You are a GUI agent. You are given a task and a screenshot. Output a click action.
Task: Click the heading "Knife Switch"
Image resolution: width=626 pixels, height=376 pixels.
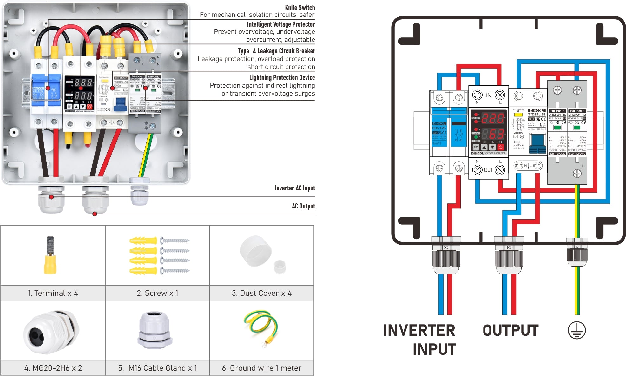coord(300,8)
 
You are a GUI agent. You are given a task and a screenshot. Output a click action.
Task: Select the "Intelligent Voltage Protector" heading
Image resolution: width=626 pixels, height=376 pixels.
coord(280,24)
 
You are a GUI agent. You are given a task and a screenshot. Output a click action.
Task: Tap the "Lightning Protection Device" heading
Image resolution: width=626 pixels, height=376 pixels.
coord(282,78)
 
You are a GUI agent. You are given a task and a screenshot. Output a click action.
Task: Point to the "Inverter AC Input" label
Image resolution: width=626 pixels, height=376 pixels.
coord(295,188)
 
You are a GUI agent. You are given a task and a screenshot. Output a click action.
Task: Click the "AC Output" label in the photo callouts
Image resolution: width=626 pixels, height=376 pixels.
coord(303,206)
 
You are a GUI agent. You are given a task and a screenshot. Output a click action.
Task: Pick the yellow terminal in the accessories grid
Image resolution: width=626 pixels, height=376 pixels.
coord(50,256)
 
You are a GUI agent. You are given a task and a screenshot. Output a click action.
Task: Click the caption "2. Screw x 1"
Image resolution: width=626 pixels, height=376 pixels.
coord(157,293)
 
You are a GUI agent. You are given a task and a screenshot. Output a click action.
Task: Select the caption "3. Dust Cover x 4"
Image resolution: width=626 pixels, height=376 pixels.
coord(261,293)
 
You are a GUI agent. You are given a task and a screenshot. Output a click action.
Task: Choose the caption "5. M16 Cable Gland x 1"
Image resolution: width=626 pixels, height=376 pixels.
coord(157,368)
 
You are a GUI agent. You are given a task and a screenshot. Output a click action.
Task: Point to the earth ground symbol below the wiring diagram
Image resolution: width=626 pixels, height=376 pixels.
coord(577,330)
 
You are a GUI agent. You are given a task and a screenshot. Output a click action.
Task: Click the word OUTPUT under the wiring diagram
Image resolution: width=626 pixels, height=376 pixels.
coord(511,330)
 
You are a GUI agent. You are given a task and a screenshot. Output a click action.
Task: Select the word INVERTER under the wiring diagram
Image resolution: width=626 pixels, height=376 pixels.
coord(419,330)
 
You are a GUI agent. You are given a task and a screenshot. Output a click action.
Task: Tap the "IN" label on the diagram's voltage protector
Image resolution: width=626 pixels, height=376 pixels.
coord(488,95)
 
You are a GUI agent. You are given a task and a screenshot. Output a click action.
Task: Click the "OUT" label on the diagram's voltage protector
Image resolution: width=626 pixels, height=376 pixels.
coord(488,170)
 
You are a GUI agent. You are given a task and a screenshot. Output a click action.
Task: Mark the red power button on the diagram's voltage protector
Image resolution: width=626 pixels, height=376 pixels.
coord(500,147)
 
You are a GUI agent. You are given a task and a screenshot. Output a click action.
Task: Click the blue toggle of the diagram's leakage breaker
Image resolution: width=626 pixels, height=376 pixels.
coord(537,141)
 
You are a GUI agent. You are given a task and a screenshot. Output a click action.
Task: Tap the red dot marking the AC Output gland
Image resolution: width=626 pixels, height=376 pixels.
coord(95,214)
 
